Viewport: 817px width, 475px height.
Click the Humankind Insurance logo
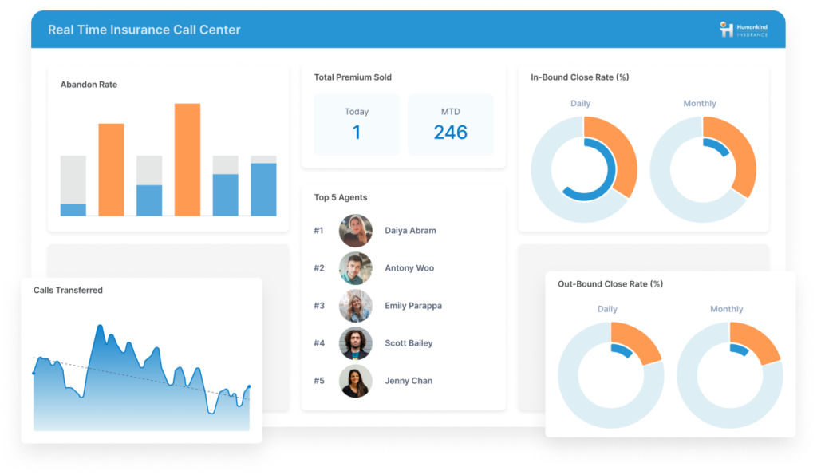click(743, 30)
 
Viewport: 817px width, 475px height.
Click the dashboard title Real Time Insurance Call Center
click(144, 30)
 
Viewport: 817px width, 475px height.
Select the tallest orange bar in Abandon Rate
click(187, 159)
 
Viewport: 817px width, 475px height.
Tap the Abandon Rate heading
click(89, 85)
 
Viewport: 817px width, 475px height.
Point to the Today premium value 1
click(357, 133)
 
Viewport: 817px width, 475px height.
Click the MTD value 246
click(450, 133)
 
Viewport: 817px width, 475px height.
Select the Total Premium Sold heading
click(353, 77)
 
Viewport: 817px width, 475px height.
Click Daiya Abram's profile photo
click(355, 231)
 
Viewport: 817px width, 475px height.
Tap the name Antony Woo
click(409, 268)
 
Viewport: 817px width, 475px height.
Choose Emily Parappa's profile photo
click(355, 306)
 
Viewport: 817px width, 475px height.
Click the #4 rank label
click(319, 343)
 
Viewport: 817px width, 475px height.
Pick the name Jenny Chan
click(408, 381)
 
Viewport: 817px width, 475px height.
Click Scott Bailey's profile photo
click(355, 343)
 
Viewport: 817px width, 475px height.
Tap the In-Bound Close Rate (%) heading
click(580, 77)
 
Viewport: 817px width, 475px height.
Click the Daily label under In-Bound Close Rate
click(580, 104)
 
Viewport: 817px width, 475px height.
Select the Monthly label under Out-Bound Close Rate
click(726, 309)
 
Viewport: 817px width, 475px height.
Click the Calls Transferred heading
click(68, 291)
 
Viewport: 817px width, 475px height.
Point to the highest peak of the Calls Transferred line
click(100, 326)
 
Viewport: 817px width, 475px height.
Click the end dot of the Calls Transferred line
click(249, 387)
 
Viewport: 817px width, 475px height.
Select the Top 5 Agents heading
click(341, 197)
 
